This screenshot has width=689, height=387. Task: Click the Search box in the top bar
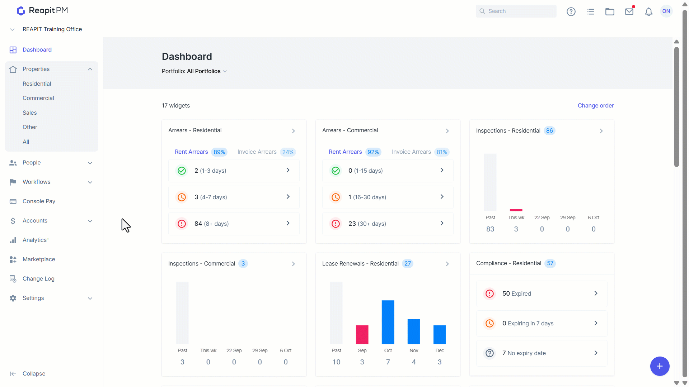[516, 11]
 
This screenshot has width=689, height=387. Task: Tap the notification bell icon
[648, 12]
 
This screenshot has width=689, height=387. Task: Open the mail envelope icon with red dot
[629, 11]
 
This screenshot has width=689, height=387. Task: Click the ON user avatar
[666, 11]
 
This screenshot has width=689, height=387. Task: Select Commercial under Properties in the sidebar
[38, 98]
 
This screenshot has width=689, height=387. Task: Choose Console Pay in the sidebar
[39, 201]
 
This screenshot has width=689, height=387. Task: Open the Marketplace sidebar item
[39, 259]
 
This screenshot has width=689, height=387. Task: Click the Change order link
[596, 106]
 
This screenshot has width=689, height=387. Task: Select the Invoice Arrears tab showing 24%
[266, 152]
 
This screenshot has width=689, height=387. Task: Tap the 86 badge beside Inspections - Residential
[549, 131]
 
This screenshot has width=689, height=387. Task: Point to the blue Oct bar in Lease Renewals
[388, 322]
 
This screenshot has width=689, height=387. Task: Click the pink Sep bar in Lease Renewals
[362, 335]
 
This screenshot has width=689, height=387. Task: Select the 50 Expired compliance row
[542, 294]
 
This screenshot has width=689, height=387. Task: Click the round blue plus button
[660, 366]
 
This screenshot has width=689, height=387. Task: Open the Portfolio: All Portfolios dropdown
[194, 71]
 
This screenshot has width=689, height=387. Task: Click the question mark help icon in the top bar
[571, 12]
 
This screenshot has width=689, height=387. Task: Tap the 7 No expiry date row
[542, 353]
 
